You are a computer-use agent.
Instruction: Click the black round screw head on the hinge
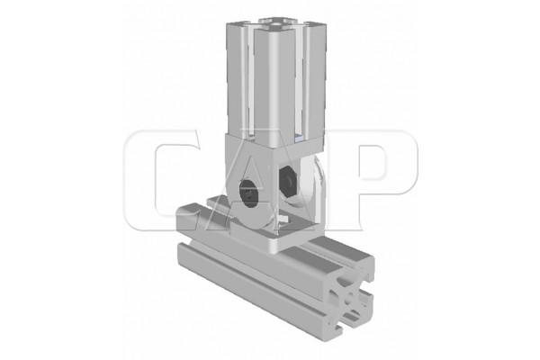[x=249, y=193]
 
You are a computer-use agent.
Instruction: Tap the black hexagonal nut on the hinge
[x=287, y=180]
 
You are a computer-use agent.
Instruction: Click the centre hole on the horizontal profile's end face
[x=350, y=297]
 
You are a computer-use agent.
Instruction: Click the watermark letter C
[x=162, y=180]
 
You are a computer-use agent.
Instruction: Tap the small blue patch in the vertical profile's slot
[x=300, y=138]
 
